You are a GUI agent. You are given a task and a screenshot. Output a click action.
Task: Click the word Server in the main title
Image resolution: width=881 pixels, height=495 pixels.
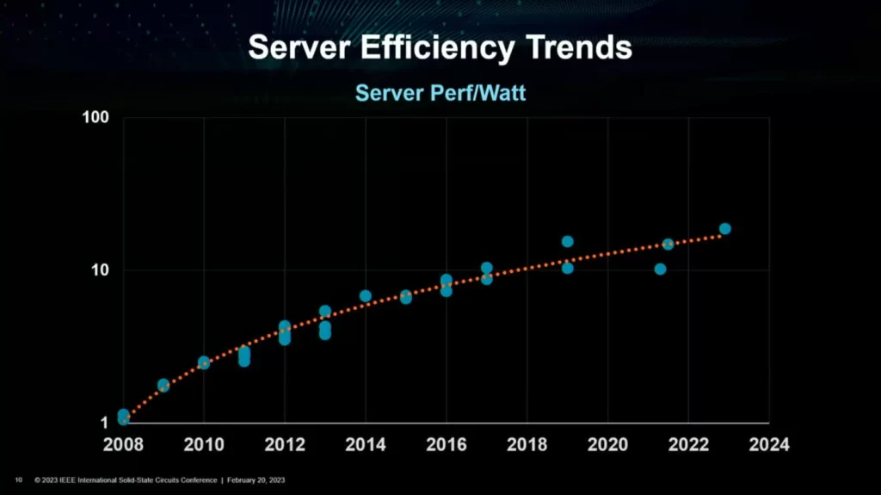(290, 47)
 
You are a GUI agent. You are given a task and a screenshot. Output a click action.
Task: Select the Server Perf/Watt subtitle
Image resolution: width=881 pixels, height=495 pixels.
(440, 92)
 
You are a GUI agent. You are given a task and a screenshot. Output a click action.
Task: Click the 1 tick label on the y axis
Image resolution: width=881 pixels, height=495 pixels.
(104, 423)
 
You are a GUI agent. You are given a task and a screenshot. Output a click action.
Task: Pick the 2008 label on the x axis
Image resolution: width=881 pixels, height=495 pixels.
(123, 445)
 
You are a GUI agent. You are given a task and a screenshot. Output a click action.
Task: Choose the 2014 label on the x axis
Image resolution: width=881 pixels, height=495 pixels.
(366, 445)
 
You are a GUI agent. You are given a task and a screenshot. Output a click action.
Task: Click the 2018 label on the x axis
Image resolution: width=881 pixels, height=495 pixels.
(527, 445)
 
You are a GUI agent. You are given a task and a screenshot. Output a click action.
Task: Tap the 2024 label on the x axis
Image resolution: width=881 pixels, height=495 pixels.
(769, 445)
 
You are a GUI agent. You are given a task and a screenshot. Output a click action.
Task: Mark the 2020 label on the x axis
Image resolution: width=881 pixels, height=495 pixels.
(608, 445)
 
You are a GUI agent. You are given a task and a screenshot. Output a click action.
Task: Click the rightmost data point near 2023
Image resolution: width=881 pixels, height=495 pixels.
(725, 229)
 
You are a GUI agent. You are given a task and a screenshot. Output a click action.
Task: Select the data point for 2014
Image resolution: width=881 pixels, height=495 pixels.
(366, 296)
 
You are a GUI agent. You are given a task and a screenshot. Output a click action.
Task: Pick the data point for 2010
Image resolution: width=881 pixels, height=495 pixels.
(204, 362)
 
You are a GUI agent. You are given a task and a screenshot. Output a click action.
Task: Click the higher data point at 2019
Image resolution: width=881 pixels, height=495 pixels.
(568, 242)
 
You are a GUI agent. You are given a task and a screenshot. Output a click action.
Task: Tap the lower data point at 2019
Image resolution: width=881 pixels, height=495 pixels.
(568, 268)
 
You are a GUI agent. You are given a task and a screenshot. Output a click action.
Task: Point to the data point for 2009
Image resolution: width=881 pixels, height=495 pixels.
(163, 385)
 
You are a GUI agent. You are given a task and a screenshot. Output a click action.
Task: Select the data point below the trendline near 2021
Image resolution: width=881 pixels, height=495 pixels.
(660, 269)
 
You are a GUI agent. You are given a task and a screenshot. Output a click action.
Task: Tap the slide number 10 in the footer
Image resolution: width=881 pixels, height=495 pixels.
(18, 480)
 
